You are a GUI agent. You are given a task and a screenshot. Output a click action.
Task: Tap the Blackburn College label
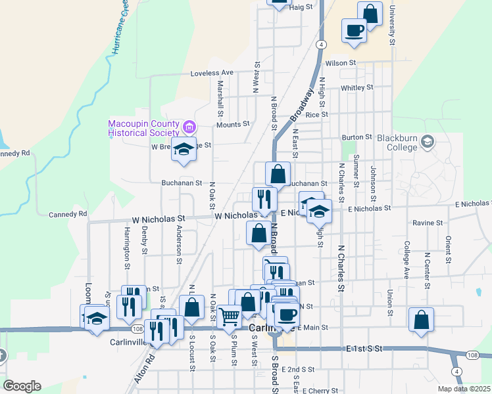[x=397, y=142]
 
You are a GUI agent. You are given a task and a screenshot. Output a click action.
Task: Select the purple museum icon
[x=189, y=126]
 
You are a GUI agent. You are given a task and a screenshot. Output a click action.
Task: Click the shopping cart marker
[x=230, y=316]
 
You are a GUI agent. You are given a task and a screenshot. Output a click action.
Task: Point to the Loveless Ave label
[x=212, y=73]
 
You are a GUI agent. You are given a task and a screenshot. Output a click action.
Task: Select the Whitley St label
[x=357, y=87]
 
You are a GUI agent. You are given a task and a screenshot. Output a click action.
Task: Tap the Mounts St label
[x=234, y=123]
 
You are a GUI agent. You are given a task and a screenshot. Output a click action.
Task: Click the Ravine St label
[x=428, y=223]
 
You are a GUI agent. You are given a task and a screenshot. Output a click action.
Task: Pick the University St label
[x=391, y=26]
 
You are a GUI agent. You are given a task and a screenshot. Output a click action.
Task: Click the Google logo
[x=21, y=386]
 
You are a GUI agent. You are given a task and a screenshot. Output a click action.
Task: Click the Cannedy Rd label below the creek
[x=68, y=214]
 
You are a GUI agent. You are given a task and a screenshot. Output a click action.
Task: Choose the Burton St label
[x=357, y=138]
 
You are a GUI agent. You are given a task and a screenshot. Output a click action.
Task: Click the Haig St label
[x=300, y=7]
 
